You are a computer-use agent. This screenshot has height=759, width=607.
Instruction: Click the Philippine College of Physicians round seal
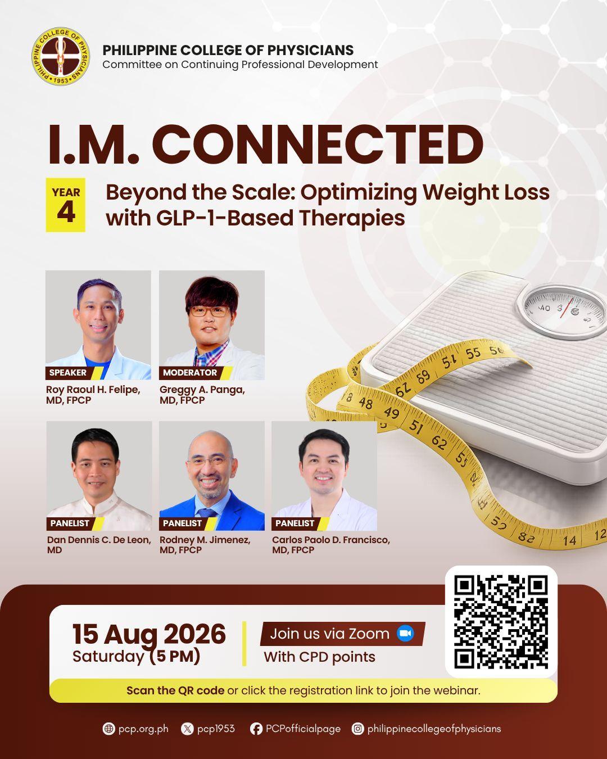click(x=60, y=56)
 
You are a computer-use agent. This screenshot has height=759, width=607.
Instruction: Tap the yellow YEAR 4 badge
click(x=66, y=205)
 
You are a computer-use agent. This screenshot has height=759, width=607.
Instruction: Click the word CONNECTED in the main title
click(x=318, y=144)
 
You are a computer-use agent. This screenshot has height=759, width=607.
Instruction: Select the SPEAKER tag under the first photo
click(x=67, y=372)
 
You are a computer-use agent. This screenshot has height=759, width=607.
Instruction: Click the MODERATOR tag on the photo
click(x=190, y=372)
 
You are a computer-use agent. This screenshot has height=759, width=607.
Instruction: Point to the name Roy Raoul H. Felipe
click(x=93, y=390)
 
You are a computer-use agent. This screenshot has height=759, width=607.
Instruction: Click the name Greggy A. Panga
click(x=202, y=390)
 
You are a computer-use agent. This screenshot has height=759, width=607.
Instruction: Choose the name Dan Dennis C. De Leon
click(x=99, y=540)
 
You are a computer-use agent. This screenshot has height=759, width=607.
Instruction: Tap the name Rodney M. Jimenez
click(x=205, y=540)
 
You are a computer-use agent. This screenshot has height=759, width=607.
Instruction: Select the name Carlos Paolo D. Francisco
click(x=331, y=540)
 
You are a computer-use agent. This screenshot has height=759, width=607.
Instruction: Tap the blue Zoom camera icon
click(x=405, y=634)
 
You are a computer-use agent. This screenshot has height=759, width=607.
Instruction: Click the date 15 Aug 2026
click(x=149, y=634)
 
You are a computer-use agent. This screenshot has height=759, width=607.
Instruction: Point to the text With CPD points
click(x=320, y=657)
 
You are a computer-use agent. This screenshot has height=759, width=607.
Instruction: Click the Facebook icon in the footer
click(x=256, y=729)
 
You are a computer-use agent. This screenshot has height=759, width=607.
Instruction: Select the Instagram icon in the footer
click(x=357, y=729)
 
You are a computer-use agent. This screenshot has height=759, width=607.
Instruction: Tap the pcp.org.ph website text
click(x=143, y=729)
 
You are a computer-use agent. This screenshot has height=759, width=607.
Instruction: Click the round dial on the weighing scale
click(x=563, y=311)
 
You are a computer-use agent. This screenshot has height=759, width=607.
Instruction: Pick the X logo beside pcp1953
click(x=187, y=729)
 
